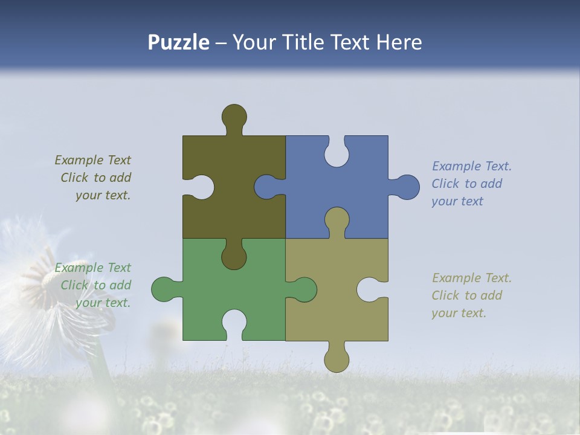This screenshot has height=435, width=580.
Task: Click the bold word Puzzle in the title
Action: click(x=179, y=42)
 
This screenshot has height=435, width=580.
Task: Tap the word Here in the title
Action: click(x=399, y=42)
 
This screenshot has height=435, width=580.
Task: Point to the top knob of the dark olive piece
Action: click(x=234, y=115)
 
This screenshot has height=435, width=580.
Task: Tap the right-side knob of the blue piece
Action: click(x=407, y=187)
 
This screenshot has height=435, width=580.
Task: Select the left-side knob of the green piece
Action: click(x=163, y=289)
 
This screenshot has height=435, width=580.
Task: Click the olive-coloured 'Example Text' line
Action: click(x=92, y=160)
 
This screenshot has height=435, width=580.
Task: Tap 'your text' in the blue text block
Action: click(x=457, y=201)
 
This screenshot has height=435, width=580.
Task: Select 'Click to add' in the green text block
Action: click(x=96, y=285)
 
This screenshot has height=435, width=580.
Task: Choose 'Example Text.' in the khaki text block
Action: click(x=471, y=278)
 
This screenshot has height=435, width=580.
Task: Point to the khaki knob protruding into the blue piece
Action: click(x=337, y=221)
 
